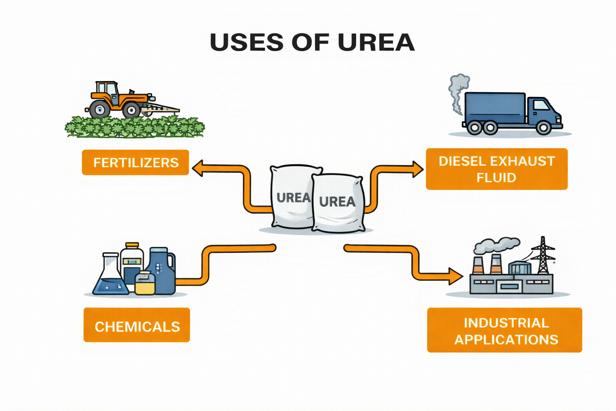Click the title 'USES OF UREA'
[312, 42]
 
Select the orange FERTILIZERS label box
[136, 163]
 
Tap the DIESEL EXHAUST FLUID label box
[496, 169]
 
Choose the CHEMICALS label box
[137, 326]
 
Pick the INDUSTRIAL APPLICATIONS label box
[505, 330]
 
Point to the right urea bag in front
[338, 203]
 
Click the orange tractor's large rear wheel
[99, 109]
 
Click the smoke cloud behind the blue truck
[458, 90]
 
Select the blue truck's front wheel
[543, 127]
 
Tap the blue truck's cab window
[541, 105]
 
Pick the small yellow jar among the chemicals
[145, 283]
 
